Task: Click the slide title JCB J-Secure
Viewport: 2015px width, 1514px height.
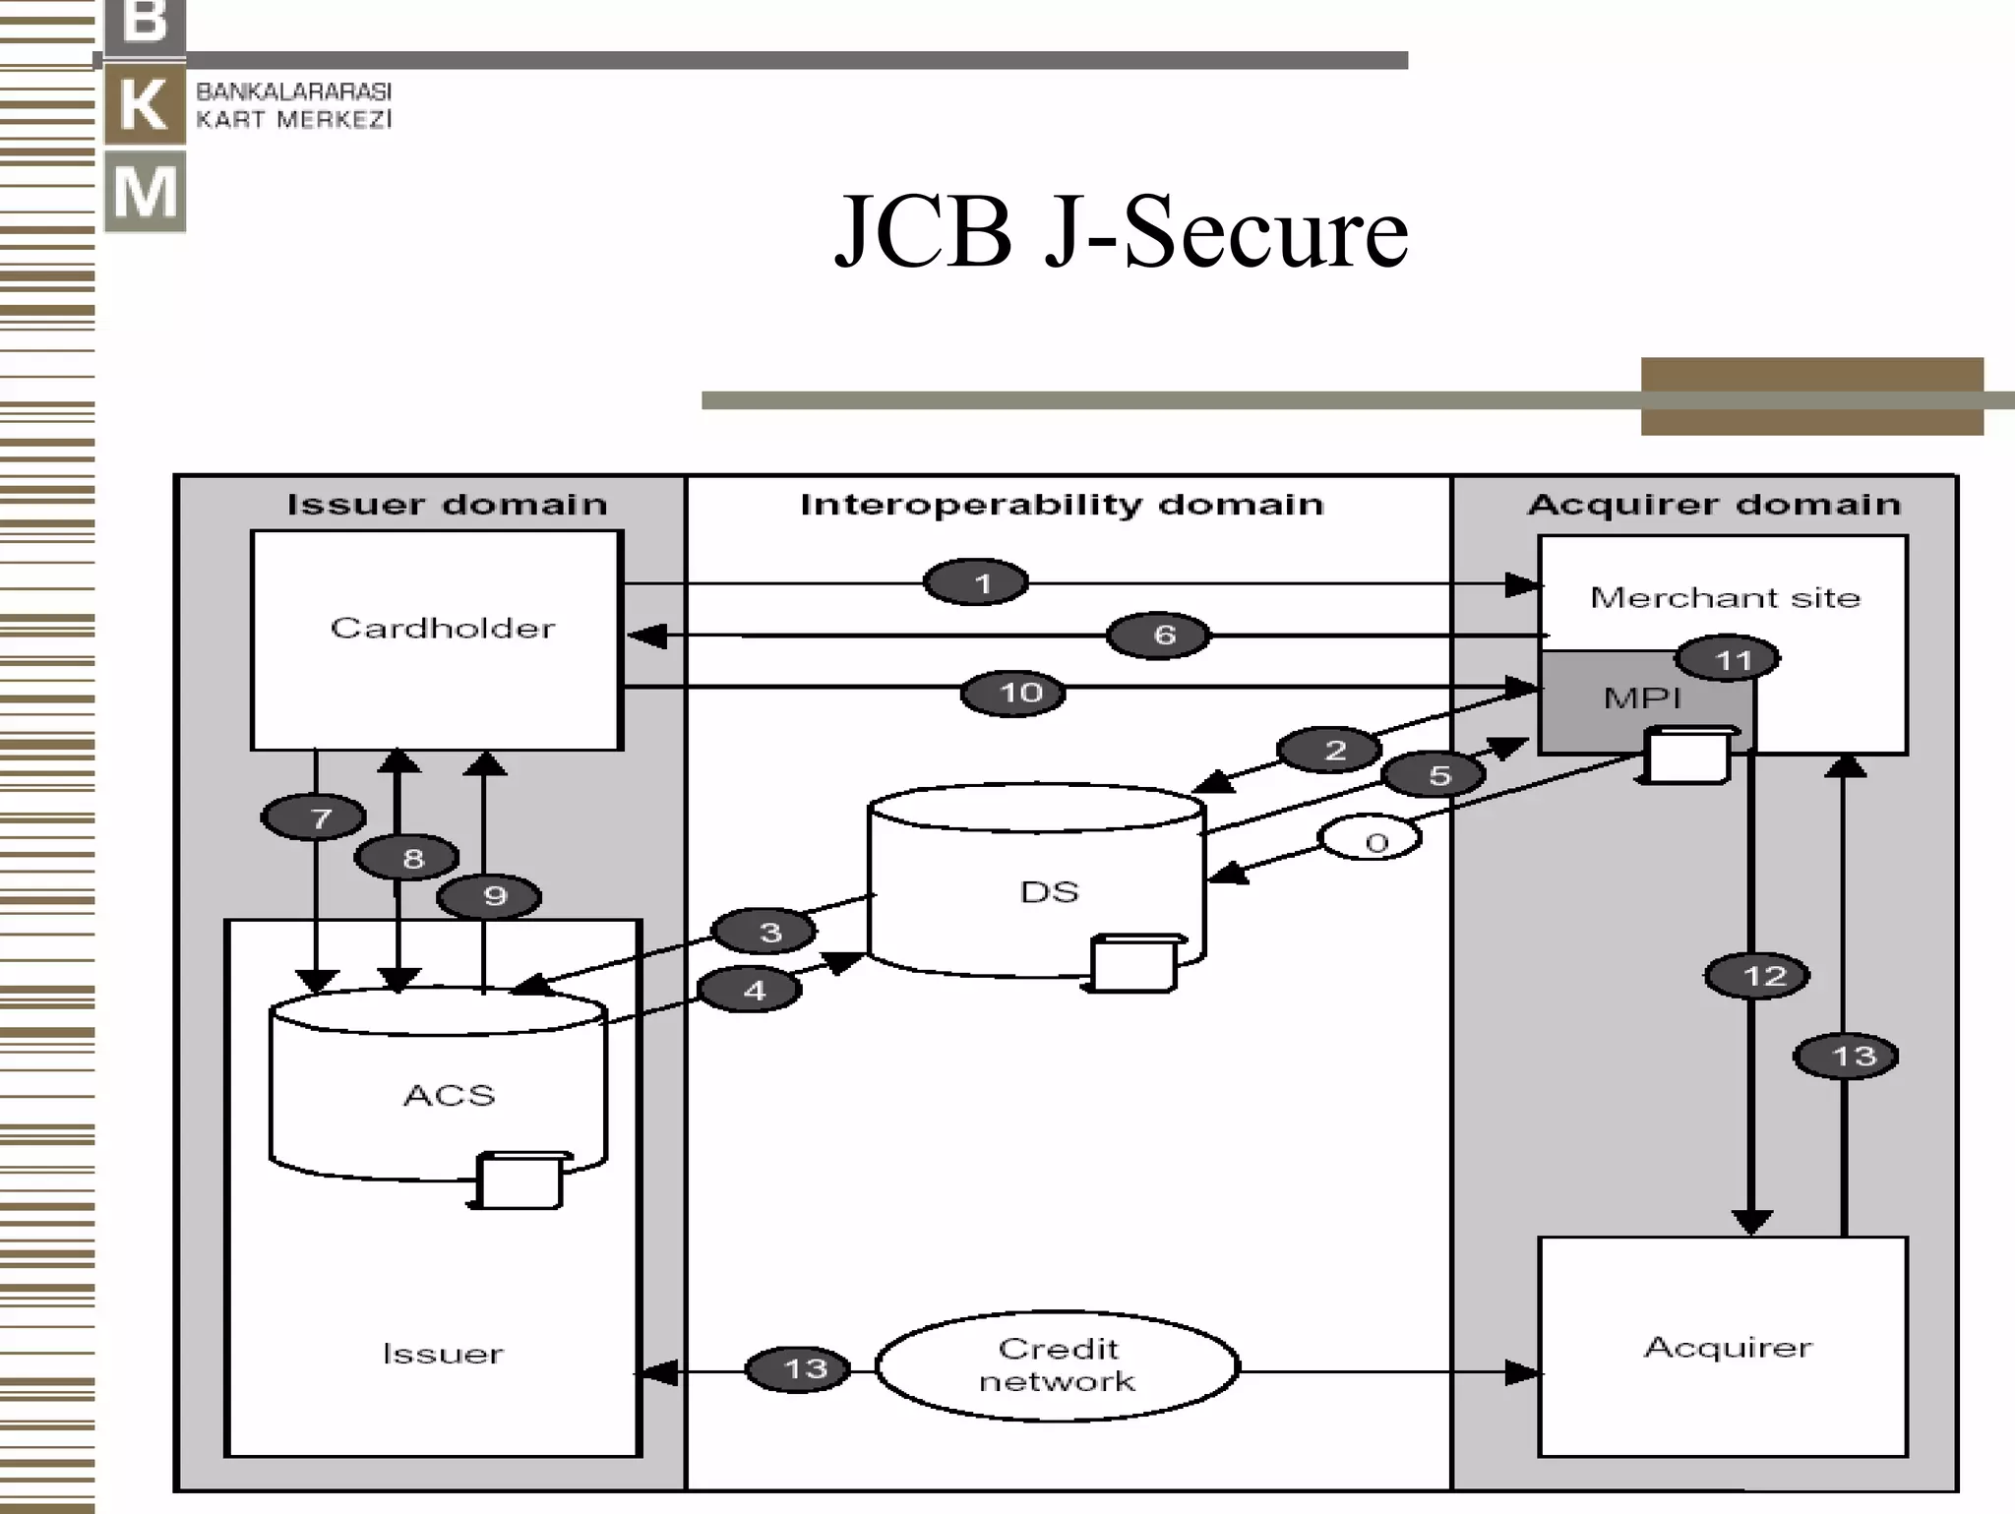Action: (x=1121, y=232)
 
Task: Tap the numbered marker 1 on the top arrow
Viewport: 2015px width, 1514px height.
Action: (x=976, y=583)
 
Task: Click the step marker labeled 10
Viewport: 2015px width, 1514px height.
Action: (x=1013, y=693)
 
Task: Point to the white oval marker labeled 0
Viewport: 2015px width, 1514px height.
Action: (x=1371, y=839)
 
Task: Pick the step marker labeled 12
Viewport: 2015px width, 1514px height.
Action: (x=1757, y=976)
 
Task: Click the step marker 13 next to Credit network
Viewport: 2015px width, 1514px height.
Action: (x=798, y=1368)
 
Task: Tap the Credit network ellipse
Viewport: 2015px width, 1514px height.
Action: (x=1057, y=1365)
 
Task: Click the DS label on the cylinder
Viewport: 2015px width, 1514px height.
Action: (x=1049, y=891)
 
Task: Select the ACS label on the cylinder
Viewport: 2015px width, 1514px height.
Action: (x=449, y=1095)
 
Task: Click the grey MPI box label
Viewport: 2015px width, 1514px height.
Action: (x=1642, y=698)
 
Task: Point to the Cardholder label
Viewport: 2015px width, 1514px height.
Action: (x=442, y=628)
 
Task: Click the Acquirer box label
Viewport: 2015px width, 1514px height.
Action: (x=1727, y=1347)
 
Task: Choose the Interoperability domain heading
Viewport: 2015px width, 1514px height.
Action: (x=1062, y=505)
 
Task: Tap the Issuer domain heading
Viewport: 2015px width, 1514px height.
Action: (x=447, y=505)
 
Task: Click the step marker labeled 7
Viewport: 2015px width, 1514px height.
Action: (x=314, y=817)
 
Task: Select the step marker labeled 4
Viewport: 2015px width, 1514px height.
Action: (x=751, y=990)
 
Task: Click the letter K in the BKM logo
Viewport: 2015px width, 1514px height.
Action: (x=146, y=104)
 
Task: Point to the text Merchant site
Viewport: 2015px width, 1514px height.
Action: (x=1725, y=597)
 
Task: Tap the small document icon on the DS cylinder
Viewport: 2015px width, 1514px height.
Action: (x=1132, y=963)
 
